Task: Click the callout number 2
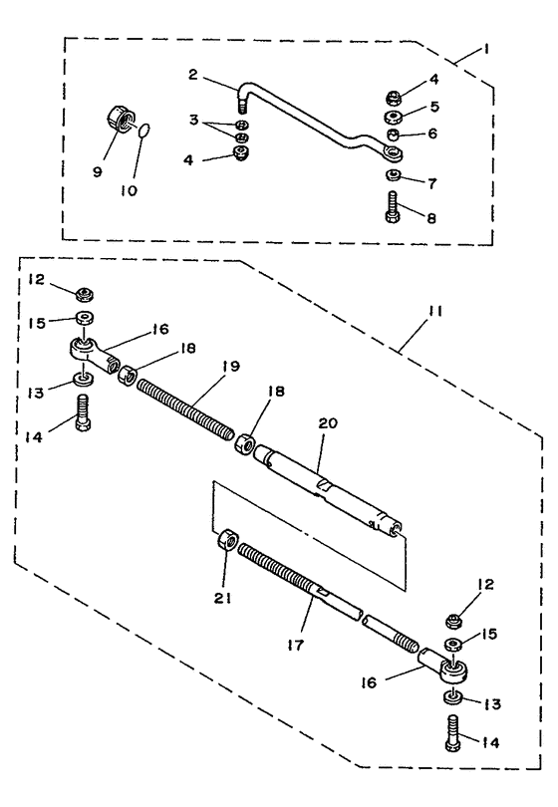point(192,75)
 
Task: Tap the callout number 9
point(98,171)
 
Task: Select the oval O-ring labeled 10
point(145,131)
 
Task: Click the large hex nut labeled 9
point(120,118)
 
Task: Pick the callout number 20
point(328,423)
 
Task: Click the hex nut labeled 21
point(227,540)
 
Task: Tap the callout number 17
point(296,644)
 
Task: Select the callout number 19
point(231,366)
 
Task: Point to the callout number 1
point(485,50)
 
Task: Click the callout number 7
point(431,182)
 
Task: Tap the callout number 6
point(432,134)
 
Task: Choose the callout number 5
point(433,107)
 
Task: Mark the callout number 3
point(193,120)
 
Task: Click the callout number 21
point(223,598)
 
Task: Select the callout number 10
point(129,190)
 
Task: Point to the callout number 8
point(430,218)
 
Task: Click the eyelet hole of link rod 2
point(395,151)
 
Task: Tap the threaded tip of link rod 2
point(241,108)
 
